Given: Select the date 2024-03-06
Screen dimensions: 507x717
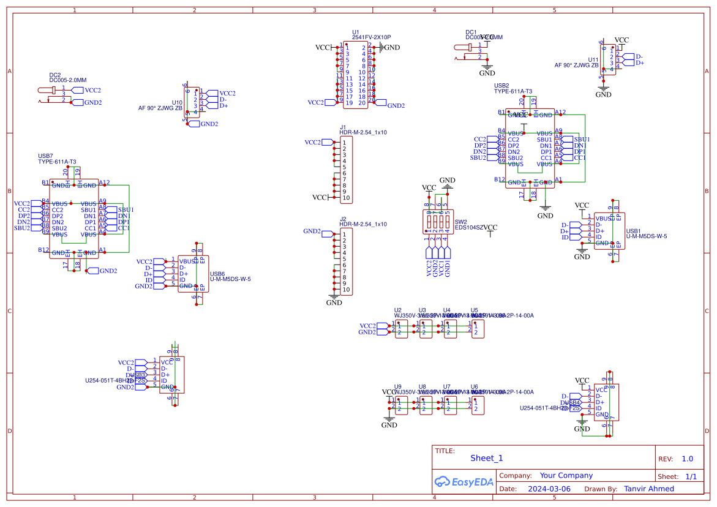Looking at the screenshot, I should click(x=549, y=489).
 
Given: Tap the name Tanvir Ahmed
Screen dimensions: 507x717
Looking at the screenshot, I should click(x=648, y=489).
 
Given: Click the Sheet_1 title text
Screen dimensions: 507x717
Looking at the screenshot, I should click(x=486, y=458).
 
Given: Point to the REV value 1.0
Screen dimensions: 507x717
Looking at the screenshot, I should click(x=687, y=459).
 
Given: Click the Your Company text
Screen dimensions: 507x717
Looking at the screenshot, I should click(x=566, y=475).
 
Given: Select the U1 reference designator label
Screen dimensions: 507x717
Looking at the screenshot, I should click(x=356, y=32).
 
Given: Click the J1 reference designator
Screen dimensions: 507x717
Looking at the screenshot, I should click(x=343, y=127).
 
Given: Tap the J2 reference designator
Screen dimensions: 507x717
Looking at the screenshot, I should click(x=343, y=219).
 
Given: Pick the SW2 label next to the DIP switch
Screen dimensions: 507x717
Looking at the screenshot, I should click(x=460, y=222).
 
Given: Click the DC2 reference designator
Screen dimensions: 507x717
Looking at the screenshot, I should click(x=54, y=75).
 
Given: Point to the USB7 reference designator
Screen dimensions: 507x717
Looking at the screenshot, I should click(x=46, y=156).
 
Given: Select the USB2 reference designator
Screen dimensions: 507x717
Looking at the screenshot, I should click(x=501, y=86).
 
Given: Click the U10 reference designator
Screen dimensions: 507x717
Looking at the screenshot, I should click(x=177, y=102).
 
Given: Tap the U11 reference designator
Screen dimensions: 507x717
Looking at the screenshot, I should click(x=593, y=59).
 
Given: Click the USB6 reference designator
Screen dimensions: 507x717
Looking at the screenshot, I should click(x=217, y=274).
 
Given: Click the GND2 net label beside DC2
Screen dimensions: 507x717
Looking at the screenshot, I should click(x=92, y=103).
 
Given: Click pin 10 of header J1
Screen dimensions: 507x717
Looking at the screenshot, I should click(x=346, y=198).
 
